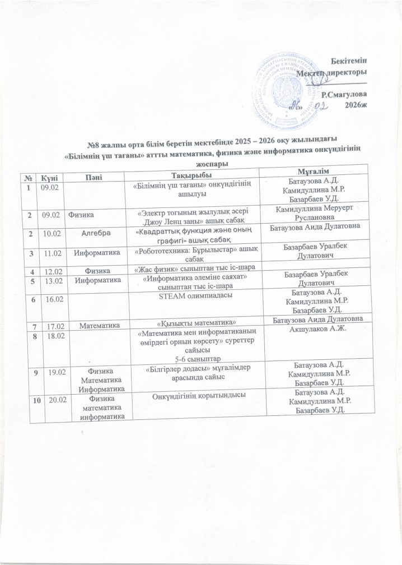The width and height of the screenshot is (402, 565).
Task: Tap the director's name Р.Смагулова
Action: [344, 96]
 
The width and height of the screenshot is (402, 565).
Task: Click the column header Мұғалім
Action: [317, 170]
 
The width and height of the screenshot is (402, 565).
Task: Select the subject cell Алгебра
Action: [96, 232]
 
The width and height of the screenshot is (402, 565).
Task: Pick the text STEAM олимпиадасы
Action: [194, 294]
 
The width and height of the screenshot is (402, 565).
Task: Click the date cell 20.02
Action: [49, 396]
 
